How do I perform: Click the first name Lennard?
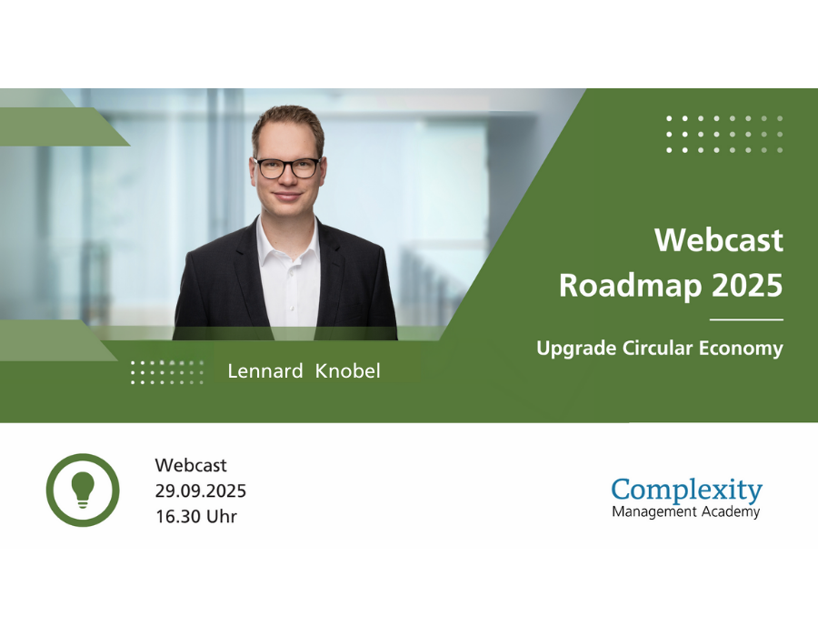point(265,370)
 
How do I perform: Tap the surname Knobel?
point(348,370)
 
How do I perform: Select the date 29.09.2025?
point(200,490)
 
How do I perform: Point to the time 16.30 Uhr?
point(196,516)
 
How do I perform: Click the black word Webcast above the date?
point(191,465)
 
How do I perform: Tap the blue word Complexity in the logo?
point(687,490)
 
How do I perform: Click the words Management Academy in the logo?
point(686,511)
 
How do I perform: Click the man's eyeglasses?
point(287,168)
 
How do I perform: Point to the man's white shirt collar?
point(288,240)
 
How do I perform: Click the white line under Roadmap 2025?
point(746,319)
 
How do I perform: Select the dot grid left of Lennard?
point(166,372)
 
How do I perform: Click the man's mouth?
point(287,197)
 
